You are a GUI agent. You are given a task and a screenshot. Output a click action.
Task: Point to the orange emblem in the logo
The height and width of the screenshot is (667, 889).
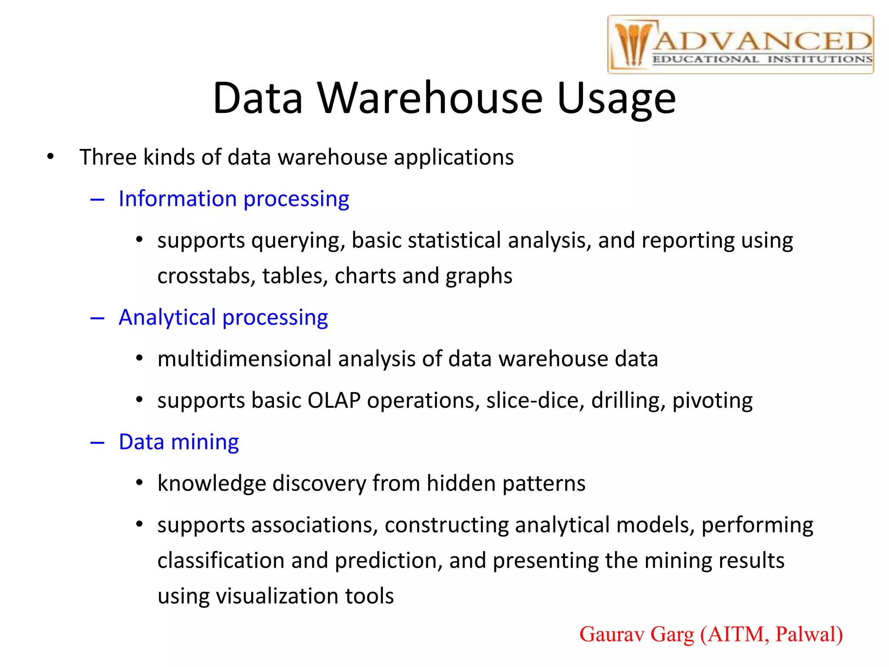(x=632, y=45)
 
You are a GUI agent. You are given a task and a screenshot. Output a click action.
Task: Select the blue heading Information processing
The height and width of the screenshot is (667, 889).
(x=234, y=199)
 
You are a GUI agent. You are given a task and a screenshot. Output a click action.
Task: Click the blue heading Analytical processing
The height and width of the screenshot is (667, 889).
(x=223, y=318)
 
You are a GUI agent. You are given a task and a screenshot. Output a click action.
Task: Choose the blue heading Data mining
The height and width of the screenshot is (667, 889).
(x=178, y=442)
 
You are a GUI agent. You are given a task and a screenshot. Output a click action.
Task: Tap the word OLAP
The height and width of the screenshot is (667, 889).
(x=334, y=400)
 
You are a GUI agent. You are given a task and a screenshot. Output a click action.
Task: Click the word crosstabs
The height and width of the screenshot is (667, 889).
(x=206, y=276)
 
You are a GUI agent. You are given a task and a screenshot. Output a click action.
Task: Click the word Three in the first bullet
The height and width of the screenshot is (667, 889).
(x=108, y=157)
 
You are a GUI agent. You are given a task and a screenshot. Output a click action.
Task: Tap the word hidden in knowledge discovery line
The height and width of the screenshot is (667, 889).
(x=461, y=483)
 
